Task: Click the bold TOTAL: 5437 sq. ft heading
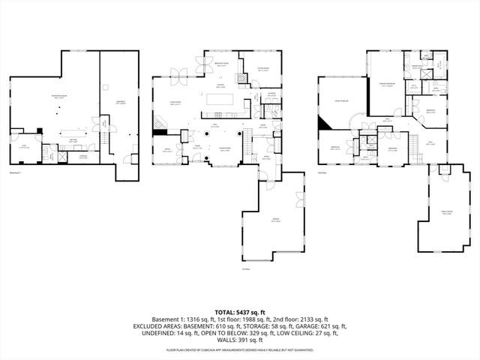239,310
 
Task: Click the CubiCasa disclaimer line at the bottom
240,349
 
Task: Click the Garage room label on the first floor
275,220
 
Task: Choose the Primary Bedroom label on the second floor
386,84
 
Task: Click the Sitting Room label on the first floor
264,70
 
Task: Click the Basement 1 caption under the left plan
16,172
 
